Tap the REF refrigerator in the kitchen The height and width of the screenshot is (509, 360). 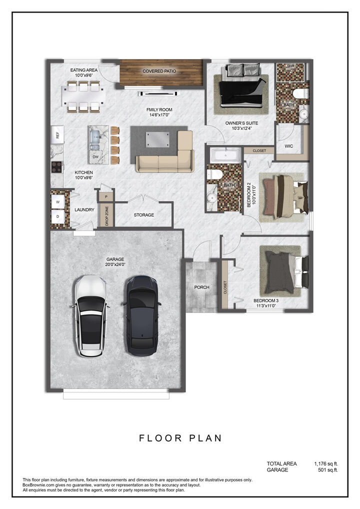(57, 135)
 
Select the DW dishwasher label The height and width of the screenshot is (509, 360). (95, 156)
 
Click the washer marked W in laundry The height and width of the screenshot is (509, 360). (57, 201)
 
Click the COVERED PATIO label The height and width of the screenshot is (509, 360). (159, 71)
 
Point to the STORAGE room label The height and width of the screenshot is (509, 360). (144, 215)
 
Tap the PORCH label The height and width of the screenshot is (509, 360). (201, 287)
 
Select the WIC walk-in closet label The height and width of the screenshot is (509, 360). (288, 146)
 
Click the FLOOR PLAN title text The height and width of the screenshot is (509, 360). (180, 438)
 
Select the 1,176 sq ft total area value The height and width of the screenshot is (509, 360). (326, 463)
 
